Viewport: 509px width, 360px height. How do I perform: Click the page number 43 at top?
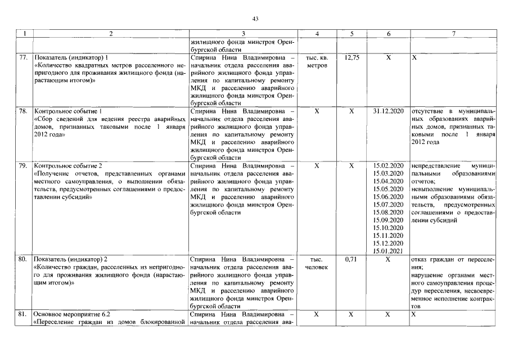point(255,19)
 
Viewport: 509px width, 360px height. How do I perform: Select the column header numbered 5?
point(352,34)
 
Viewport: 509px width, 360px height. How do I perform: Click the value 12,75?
point(352,58)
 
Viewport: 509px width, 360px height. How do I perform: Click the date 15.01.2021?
point(389,251)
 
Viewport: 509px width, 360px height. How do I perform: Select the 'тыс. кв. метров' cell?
point(316,62)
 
